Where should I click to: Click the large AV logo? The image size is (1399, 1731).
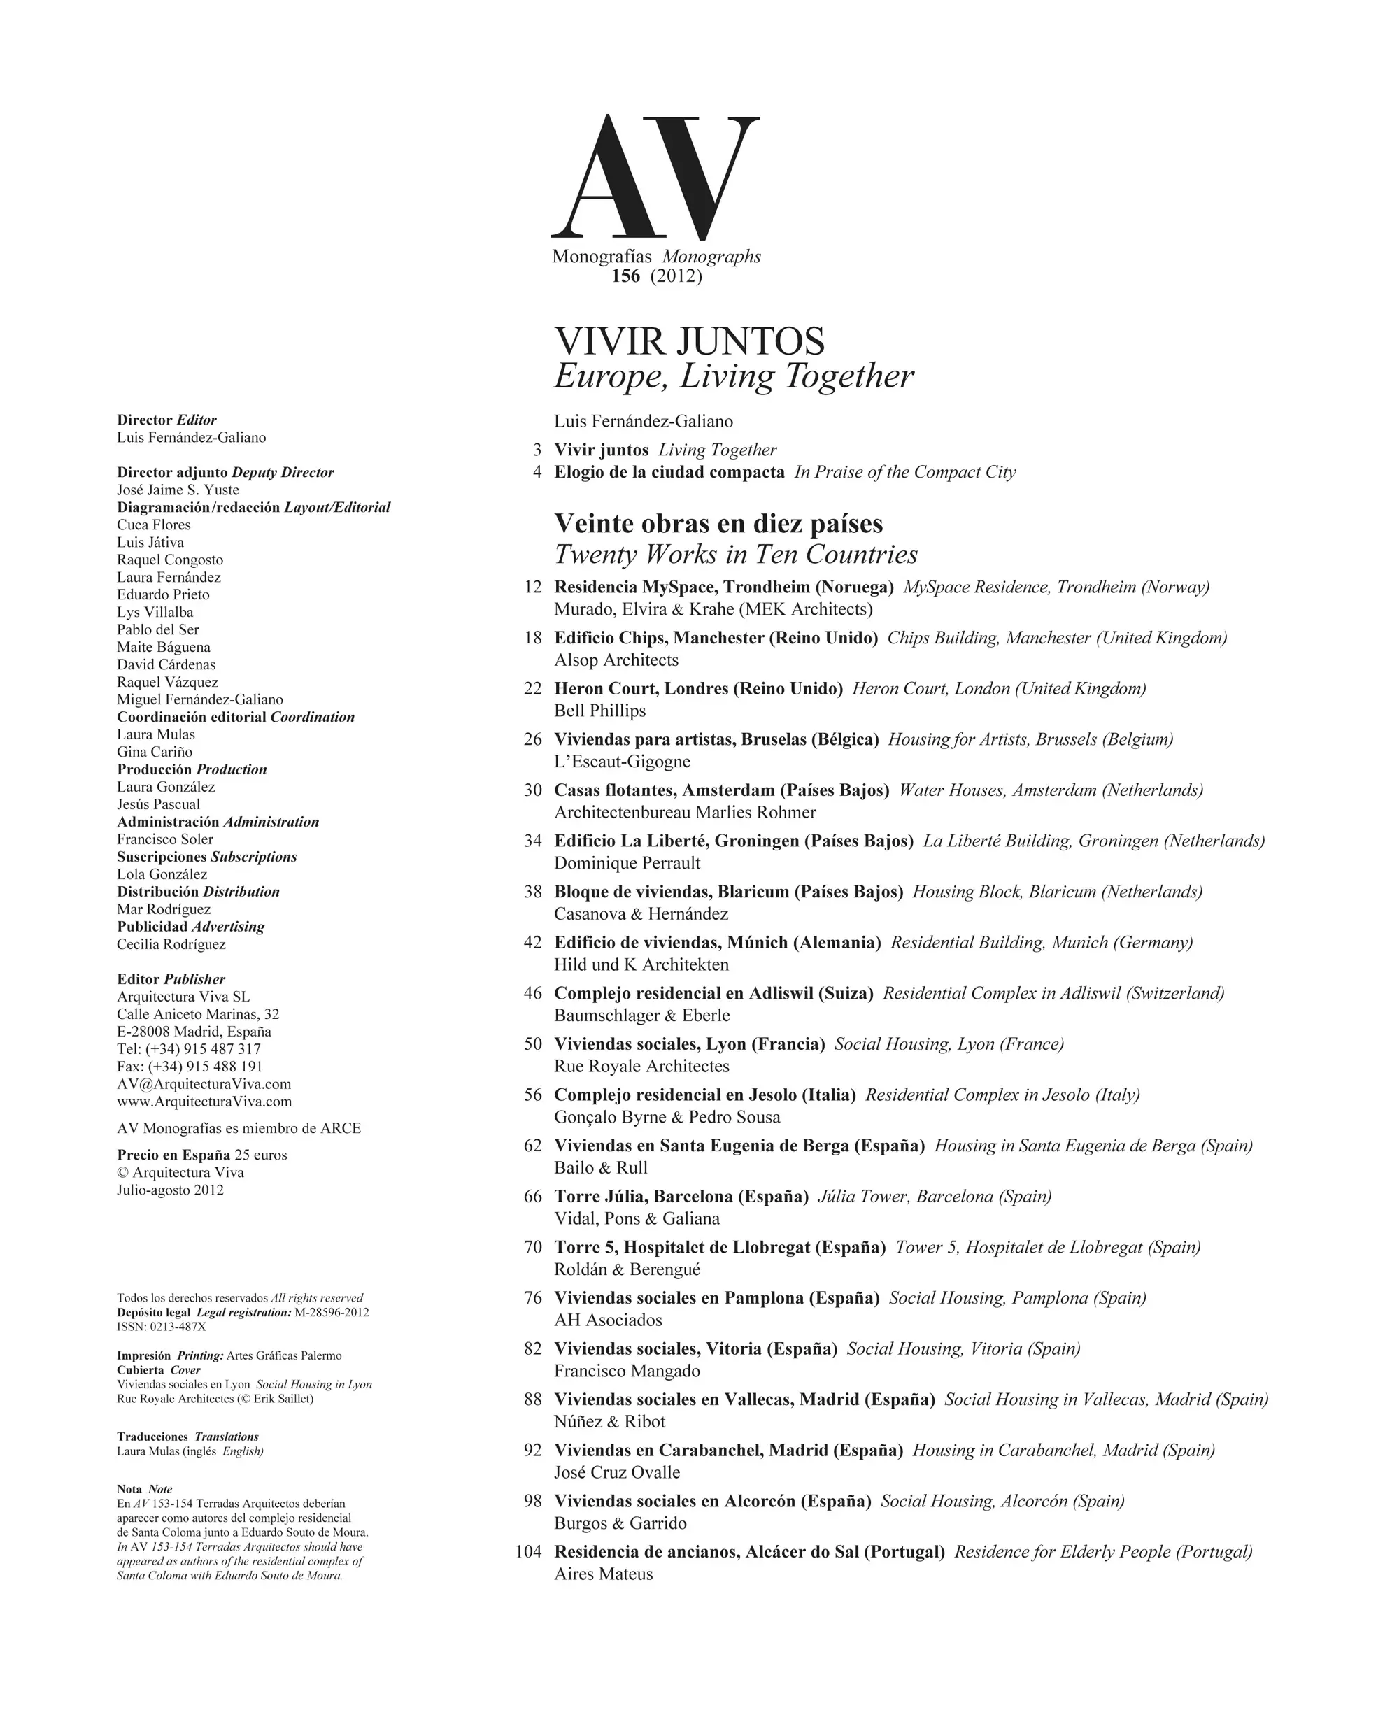(x=654, y=177)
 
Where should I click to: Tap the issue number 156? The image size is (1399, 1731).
(x=625, y=276)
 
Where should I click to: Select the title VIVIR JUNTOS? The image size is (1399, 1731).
(x=689, y=342)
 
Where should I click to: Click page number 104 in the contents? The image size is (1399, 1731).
(x=529, y=1552)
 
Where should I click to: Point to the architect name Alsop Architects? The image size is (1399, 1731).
(x=616, y=660)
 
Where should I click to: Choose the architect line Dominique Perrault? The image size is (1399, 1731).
(x=627, y=863)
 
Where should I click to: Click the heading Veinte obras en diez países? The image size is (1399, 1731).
(x=718, y=524)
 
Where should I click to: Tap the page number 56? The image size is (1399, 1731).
(x=533, y=1095)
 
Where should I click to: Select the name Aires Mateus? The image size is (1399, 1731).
(x=604, y=1574)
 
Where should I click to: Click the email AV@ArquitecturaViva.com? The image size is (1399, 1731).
(x=204, y=1084)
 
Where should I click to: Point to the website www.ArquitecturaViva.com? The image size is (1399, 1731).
(x=204, y=1102)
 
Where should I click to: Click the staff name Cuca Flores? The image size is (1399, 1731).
(x=154, y=525)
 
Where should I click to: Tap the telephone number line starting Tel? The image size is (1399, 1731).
(x=189, y=1049)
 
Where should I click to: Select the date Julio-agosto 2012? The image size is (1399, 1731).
(x=170, y=1190)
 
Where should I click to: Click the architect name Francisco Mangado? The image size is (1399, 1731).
(x=627, y=1371)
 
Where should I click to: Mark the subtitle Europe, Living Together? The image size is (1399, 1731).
(x=733, y=376)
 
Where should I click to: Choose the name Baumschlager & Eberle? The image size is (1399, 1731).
(x=641, y=1016)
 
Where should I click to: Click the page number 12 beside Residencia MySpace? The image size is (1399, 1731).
(x=533, y=587)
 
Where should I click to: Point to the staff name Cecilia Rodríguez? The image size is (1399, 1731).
(x=171, y=944)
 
